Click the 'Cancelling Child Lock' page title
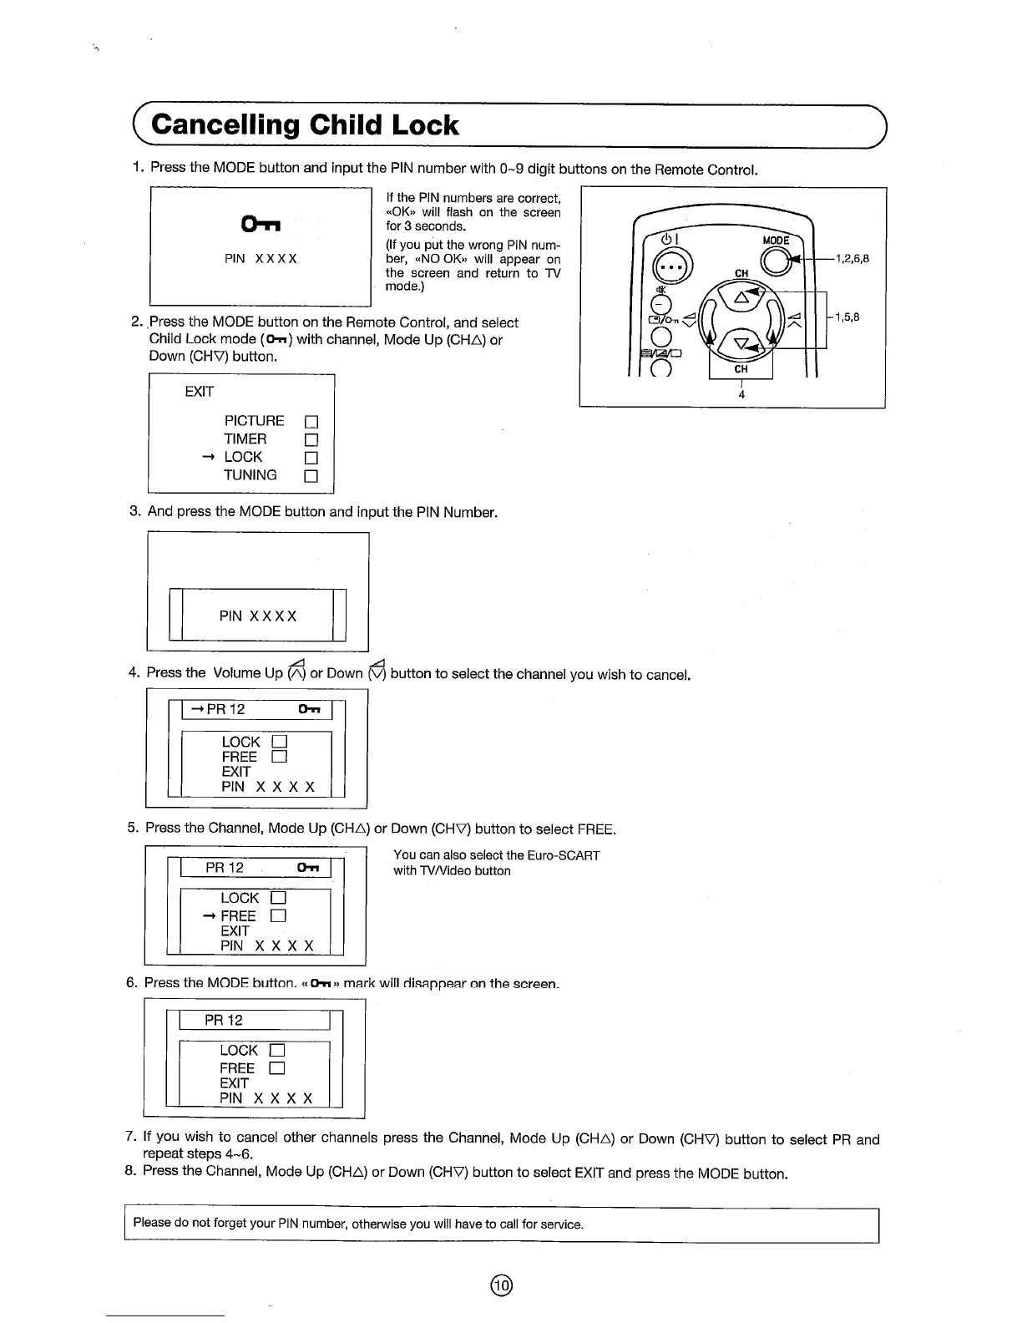(305, 125)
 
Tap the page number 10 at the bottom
(501, 1285)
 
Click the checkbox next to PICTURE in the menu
(311, 423)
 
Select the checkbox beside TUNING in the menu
(311, 477)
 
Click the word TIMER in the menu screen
(245, 439)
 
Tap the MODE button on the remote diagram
(775, 261)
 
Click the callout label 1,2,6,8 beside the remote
(852, 259)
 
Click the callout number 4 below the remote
(741, 394)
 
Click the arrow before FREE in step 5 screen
(209, 916)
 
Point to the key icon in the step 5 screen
(308, 869)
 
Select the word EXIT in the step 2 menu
(200, 392)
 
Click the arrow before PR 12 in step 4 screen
(198, 710)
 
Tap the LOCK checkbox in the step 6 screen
(277, 1051)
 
